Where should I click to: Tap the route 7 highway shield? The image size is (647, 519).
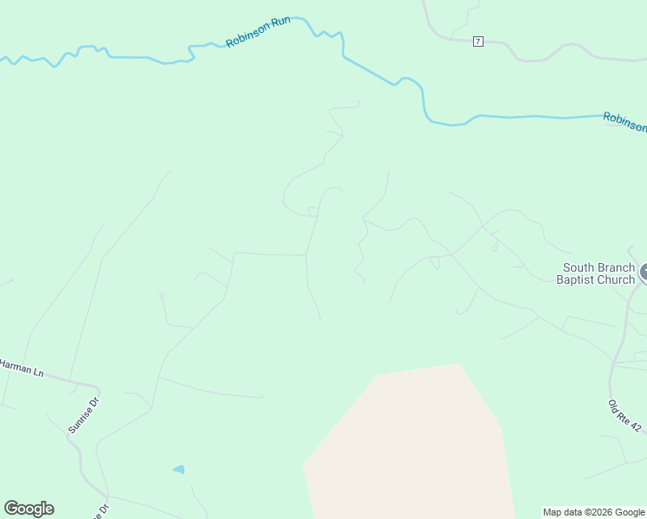(x=477, y=42)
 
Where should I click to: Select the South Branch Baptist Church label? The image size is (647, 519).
(x=598, y=273)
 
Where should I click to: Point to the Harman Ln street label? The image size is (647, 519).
(x=22, y=368)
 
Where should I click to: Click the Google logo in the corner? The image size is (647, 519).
(x=29, y=509)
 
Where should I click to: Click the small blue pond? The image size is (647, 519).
(x=179, y=470)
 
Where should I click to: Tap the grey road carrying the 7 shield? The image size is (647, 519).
(x=536, y=59)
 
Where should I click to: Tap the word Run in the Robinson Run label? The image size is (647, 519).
(x=279, y=23)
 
